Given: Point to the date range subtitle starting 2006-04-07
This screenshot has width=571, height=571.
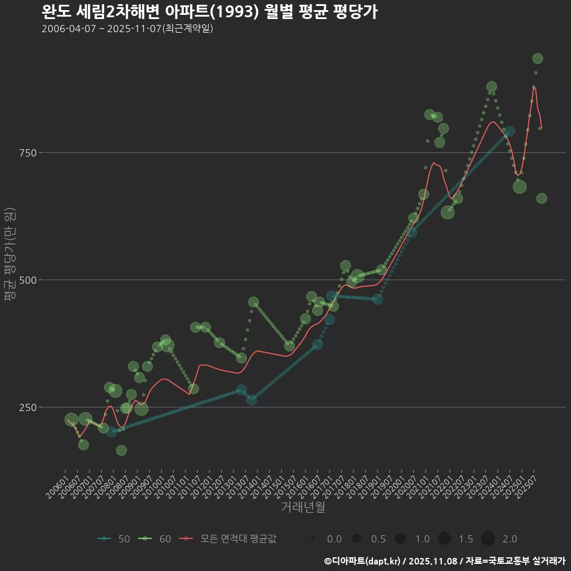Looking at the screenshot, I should pyautogui.click(x=127, y=29).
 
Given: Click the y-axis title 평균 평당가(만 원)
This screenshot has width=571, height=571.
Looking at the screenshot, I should pyautogui.click(x=10, y=256).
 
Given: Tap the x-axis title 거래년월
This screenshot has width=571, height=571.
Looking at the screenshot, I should pyautogui.click(x=303, y=507).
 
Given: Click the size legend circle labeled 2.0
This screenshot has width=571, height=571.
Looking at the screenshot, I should pyautogui.click(x=488, y=539).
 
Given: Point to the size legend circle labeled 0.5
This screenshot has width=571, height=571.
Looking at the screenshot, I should pyautogui.click(x=356, y=539).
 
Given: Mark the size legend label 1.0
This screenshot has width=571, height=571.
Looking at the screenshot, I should pyautogui.click(x=422, y=539).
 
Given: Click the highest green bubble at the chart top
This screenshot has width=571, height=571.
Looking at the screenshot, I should pyautogui.click(x=538, y=58).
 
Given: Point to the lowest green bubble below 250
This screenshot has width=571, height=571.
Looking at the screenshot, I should pyautogui.click(x=121, y=450).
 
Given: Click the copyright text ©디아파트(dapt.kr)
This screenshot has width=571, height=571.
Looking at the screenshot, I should pyautogui.click(x=362, y=561).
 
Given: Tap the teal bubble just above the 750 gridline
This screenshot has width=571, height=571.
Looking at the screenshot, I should pyautogui.click(x=510, y=131).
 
